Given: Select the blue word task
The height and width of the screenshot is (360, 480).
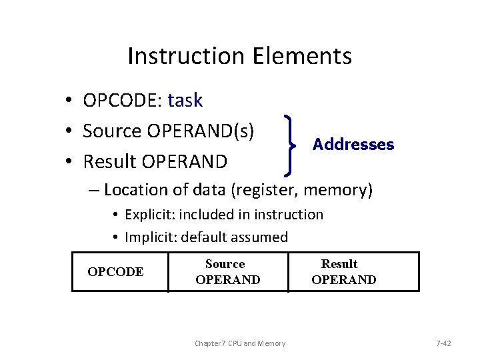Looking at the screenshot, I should tap(185, 101).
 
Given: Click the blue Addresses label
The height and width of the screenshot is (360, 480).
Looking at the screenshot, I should tap(353, 145).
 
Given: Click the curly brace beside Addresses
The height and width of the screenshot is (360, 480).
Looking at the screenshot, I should tap(290, 145).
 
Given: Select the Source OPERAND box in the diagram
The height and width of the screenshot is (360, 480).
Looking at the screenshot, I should tap(227, 272).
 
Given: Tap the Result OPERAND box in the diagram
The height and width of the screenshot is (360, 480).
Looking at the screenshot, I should tap(353, 272).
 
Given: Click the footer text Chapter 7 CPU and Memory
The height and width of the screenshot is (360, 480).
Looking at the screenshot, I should tap(240, 343).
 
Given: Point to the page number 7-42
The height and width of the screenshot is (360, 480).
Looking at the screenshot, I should tap(443, 343).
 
